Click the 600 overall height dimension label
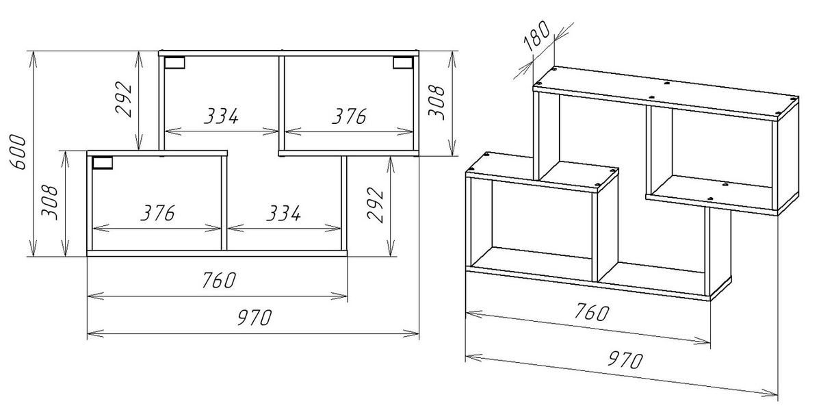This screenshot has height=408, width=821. pyautogui.click(x=18, y=152)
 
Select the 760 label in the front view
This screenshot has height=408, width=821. pyautogui.click(x=219, y=280)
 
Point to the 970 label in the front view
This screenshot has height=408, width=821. pyautogui.click(x=255, y=318)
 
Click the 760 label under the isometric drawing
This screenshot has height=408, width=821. pyautogui.click(x=591, y=311)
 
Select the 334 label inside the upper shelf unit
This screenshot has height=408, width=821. pyautogui.click(x=221, y=116)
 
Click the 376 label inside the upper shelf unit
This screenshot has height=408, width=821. pyautogui.click(x=349, y=116)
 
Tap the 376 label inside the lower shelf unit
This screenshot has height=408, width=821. pyautogui.click(x=158, y=213)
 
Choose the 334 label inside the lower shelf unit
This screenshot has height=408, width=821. pyautogui.click(x=283, y=213)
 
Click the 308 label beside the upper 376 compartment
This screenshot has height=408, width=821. pyautogui.click(x=436, y=103)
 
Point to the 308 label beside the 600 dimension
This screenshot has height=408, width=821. pyautogui.click(x=49, y=203)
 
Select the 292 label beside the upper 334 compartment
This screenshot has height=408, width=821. pyautogui.click(x=123, y=99)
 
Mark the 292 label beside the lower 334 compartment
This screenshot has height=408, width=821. pyautogui.click(x=375, y=205)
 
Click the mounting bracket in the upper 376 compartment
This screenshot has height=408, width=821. pyautogui.click(x=403, y=62)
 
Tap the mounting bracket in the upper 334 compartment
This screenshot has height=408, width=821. pyautogui.click(x=174, y=63)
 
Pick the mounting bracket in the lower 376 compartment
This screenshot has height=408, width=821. pyautogui.click(x=102, y=163)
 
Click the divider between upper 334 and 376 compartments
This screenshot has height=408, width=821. pyautogui.click(x=281, y=103)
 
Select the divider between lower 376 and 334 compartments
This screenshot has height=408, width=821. pyautogui.click(x=224, y=203)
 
